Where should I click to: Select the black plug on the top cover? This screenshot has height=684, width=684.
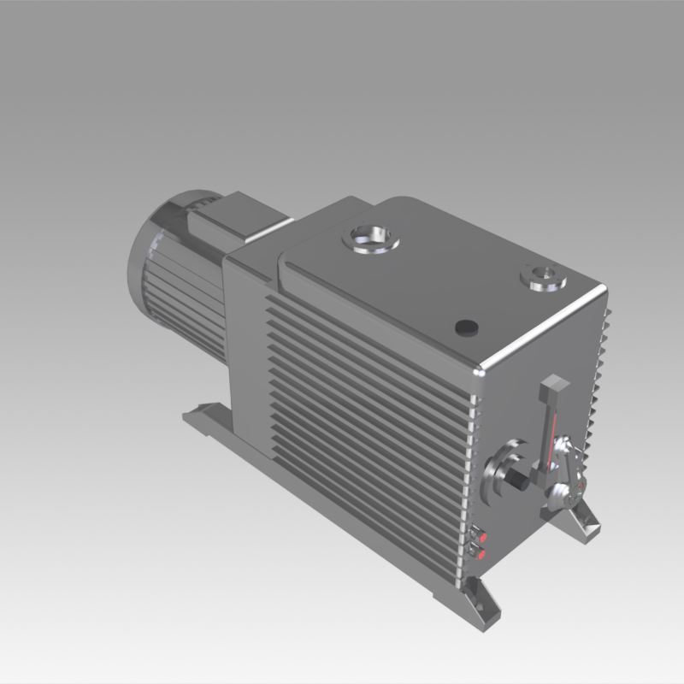[467, 327]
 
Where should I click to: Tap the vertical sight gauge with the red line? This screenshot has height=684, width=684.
[551, 427]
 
